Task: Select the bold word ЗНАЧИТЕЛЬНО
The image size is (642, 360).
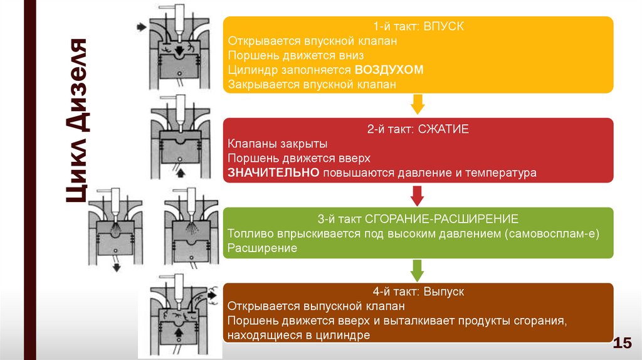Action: click(274, 172)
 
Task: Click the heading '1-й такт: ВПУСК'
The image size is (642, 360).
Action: click(418, 28)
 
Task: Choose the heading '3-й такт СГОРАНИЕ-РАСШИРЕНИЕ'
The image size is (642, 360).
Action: click(418, 220)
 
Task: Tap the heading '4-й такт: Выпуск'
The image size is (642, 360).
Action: click(418, 292)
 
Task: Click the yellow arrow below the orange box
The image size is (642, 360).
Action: click(418, 104)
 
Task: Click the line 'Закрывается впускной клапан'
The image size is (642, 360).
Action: click(312, 84)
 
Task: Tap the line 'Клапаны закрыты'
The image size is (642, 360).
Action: click(268, 144)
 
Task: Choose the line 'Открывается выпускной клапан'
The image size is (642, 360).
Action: click(316, 307)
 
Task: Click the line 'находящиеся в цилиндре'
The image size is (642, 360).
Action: click(298, 336)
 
